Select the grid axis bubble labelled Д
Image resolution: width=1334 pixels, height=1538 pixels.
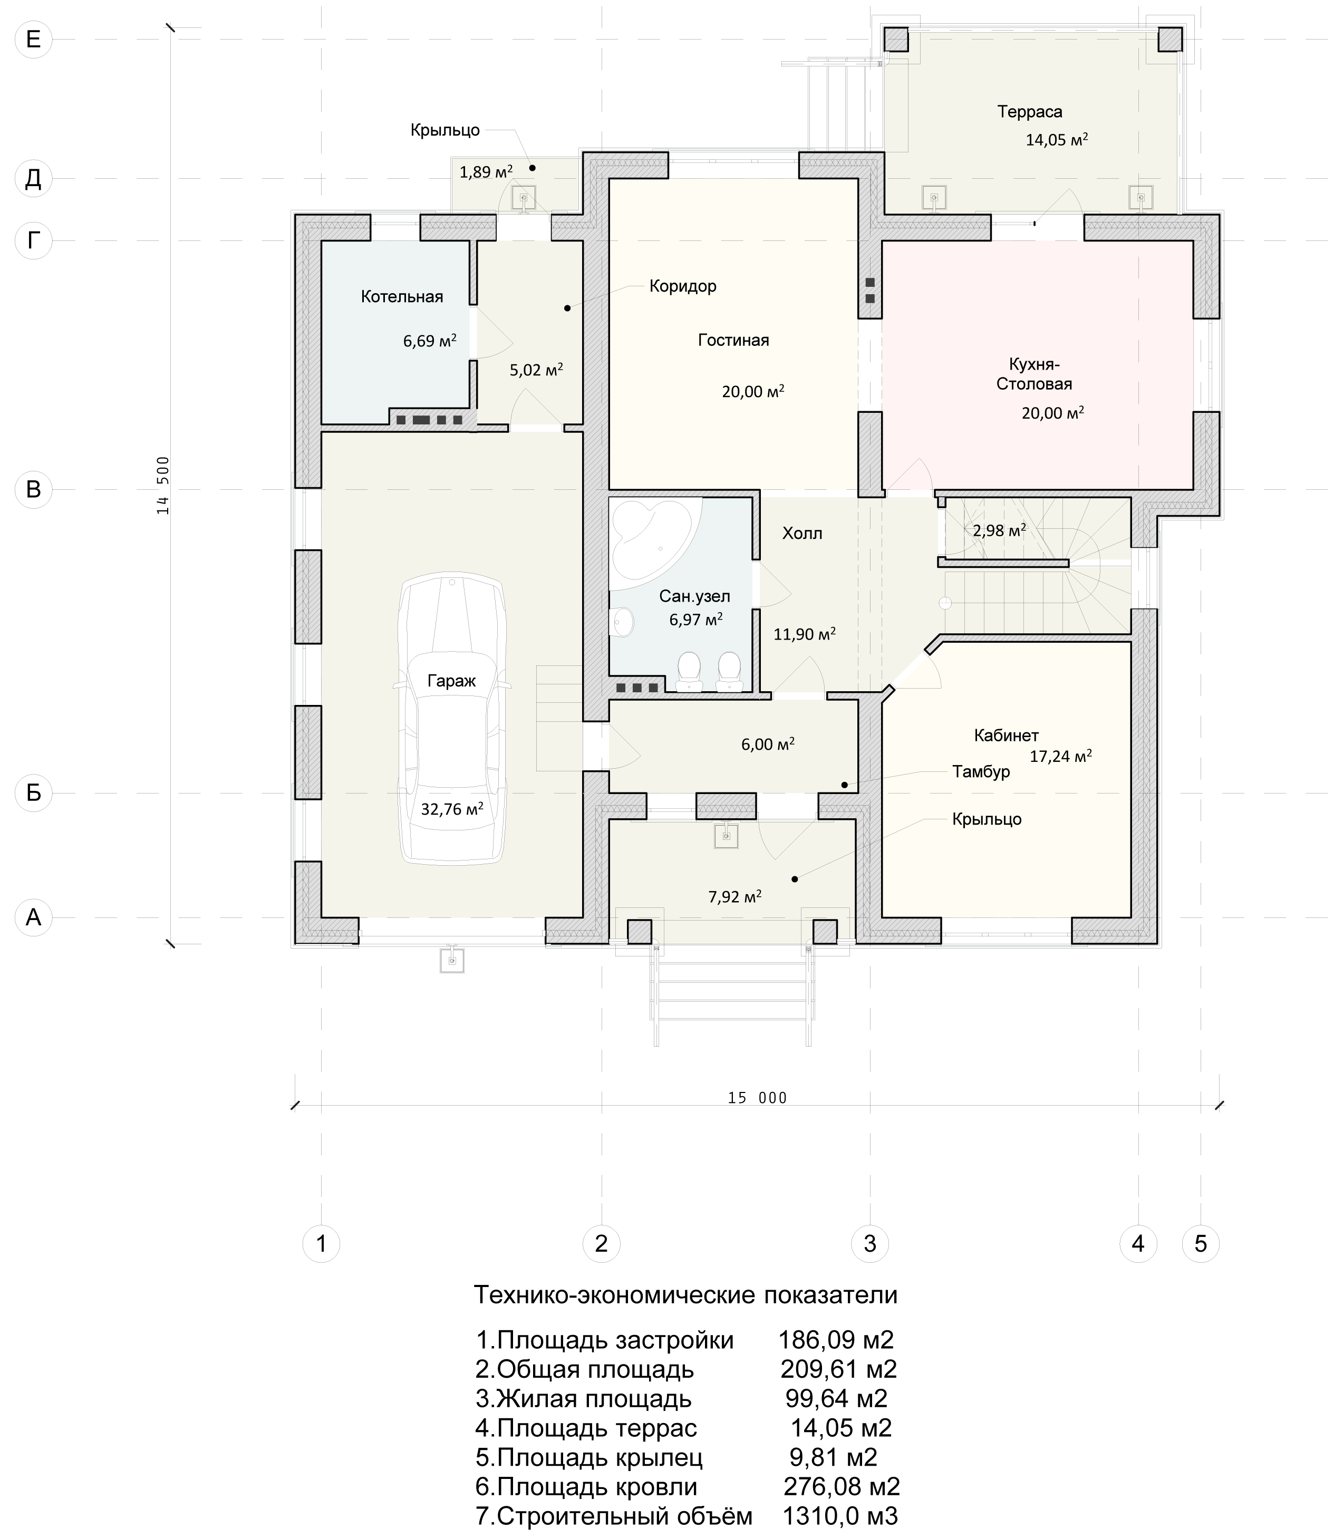[34, 179]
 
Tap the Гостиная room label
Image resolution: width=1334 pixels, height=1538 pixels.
[733, 340]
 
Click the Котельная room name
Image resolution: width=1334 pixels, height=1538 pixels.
[402, 297]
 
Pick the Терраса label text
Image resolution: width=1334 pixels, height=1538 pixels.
[1030, 112]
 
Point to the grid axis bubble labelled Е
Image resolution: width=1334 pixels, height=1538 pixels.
[34, 38]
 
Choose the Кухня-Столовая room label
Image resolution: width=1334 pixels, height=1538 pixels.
[1034, 374]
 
